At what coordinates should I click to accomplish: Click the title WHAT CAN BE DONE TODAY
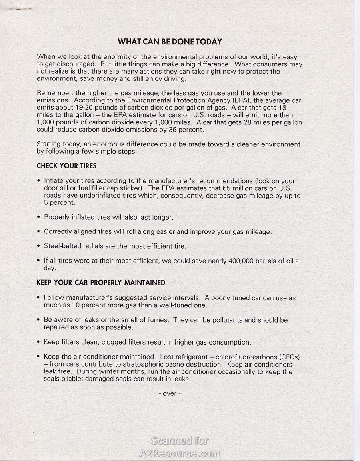(x=170, y=42)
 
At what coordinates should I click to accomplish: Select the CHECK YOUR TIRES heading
(x=66, y=166)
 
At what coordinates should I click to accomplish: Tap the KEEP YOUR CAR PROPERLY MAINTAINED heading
(x=101, y=283)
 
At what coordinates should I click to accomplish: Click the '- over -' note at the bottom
(x=170, y=393)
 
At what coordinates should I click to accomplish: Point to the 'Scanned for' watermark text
(x=180, y=441)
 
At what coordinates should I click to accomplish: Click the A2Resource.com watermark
(x=180, y=453)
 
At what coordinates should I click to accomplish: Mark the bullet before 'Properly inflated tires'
(x=38, y=218)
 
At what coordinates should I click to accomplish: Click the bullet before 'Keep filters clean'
(x=38, y=342)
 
